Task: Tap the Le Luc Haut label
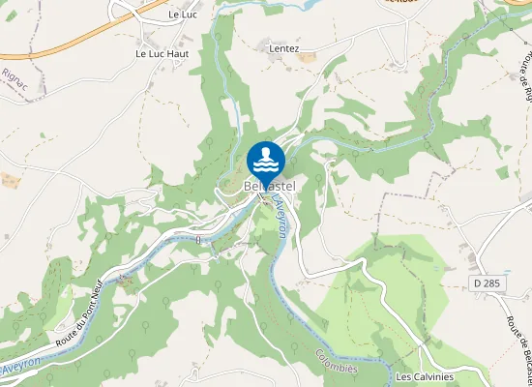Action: point(162,54)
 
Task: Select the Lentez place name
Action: point(285,47)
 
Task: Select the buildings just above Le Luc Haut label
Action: point(150,37)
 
